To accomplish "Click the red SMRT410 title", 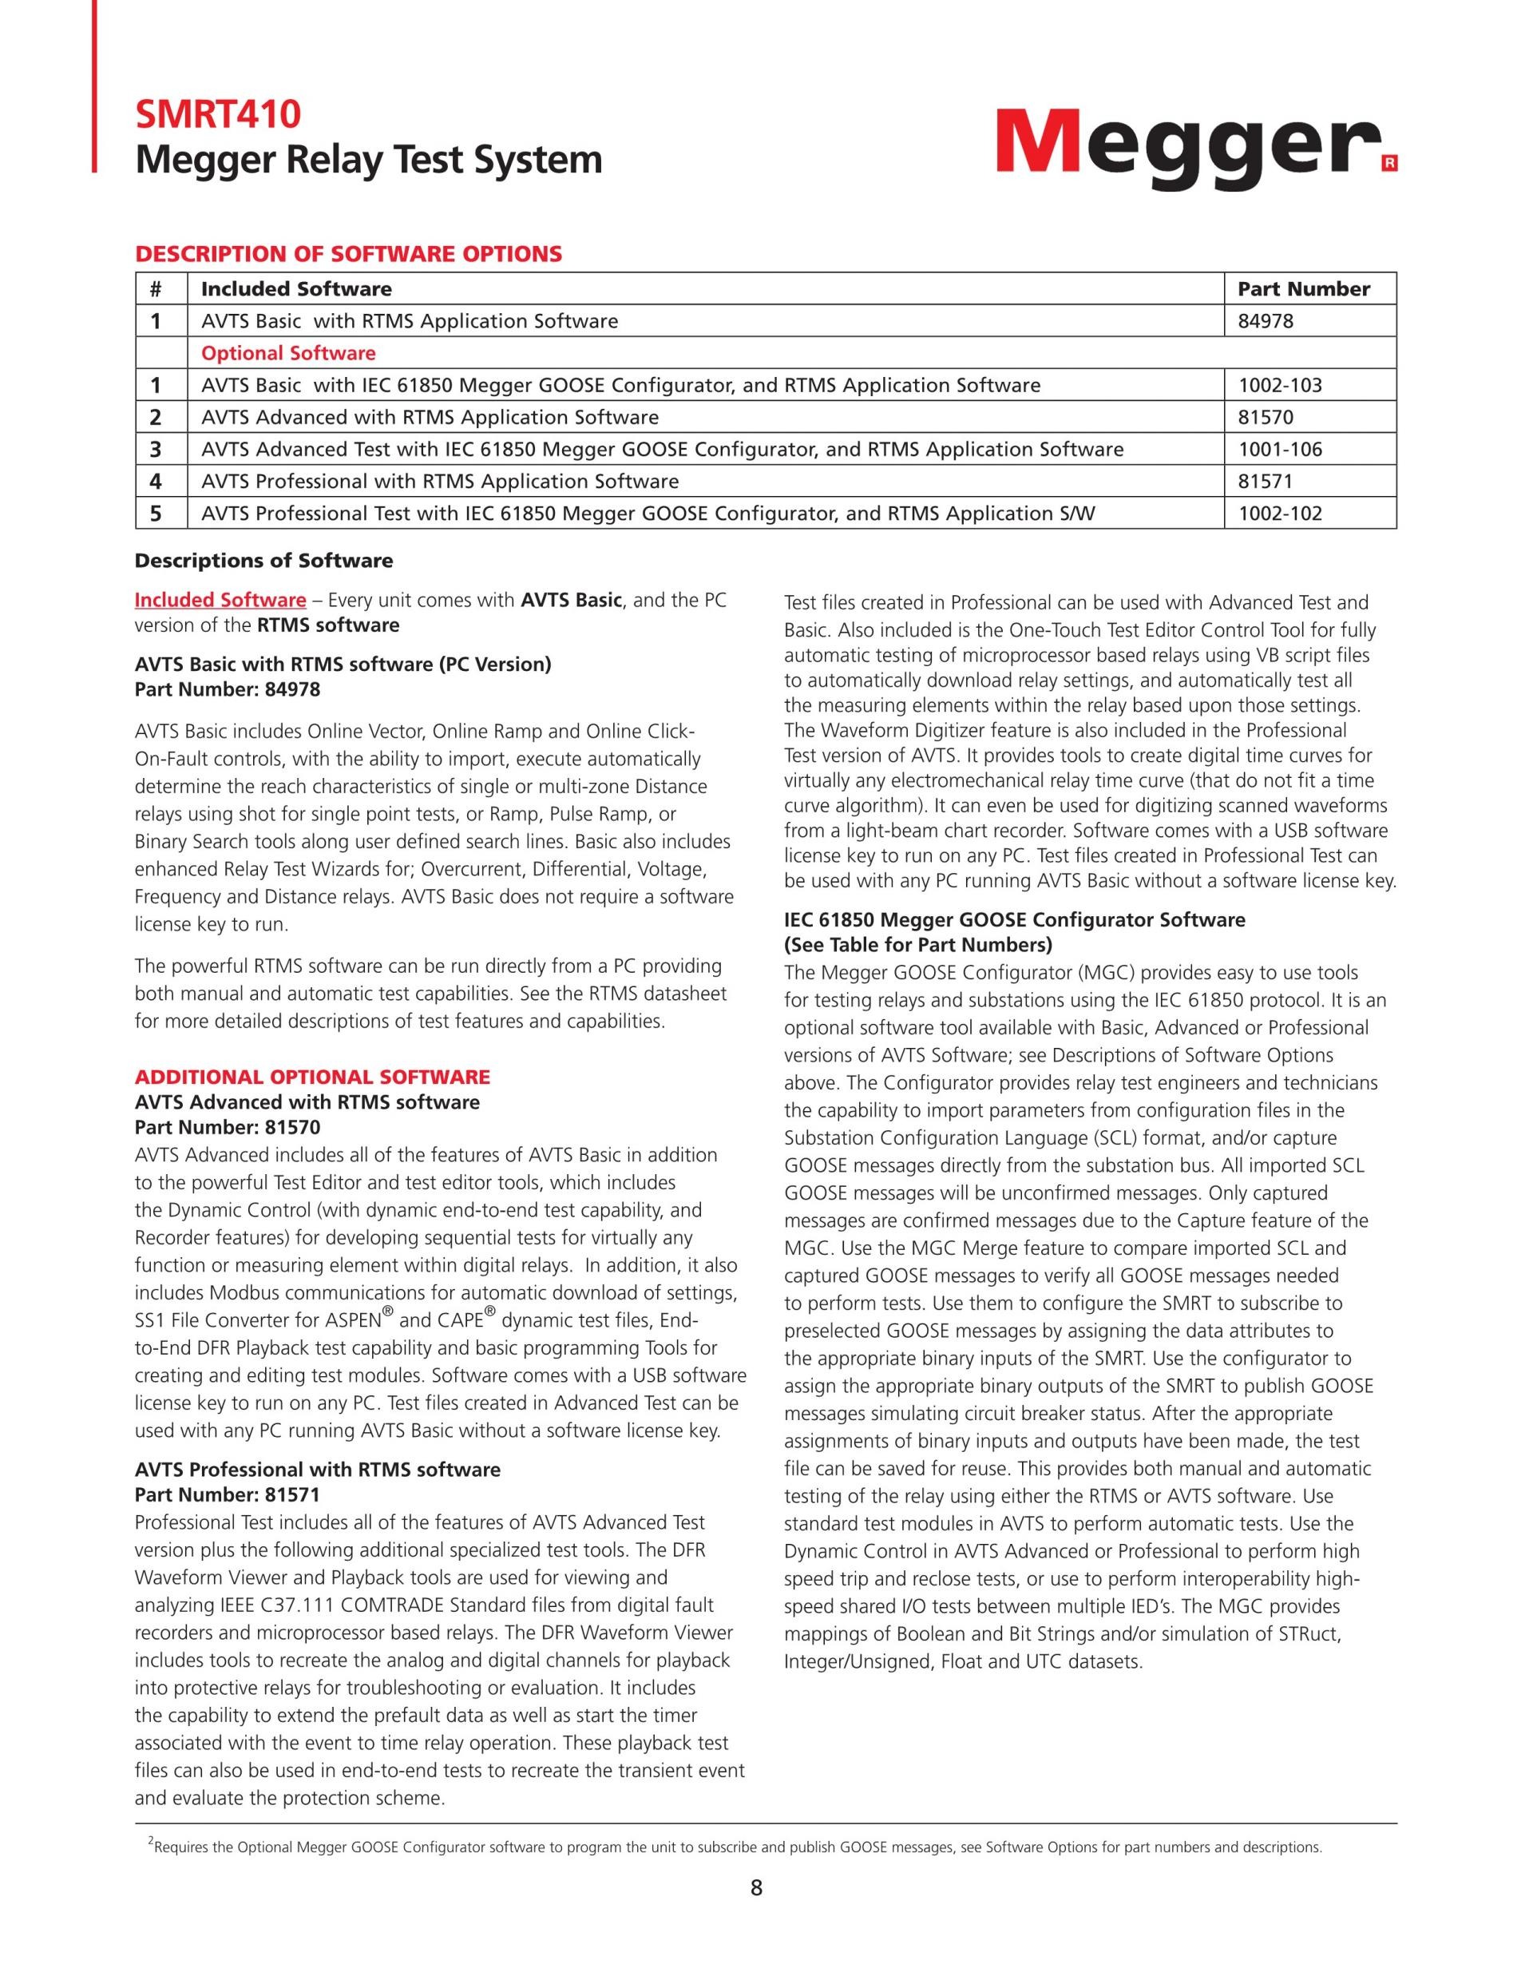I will coord(218,114).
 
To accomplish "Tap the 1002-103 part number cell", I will coord(1280,385).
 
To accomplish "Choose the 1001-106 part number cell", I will coord(1280,449).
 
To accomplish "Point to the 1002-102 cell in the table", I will coord(1280,514).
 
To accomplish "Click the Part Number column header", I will coord(1303,289).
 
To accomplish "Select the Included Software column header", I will coord(296,289).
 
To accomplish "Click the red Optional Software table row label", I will coord(288,352).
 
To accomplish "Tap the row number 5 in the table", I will coord(156,514).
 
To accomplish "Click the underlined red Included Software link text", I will coord(220,600).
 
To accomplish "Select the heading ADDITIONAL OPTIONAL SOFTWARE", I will coord(311,1077).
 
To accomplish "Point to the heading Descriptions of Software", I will coord(263,561).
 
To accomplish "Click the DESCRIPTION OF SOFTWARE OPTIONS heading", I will coord(348,253).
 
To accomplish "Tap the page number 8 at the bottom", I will coord(756,1887).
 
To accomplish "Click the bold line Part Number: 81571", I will coord(227,1494).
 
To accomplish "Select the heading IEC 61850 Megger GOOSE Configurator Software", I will coord(1015,919).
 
